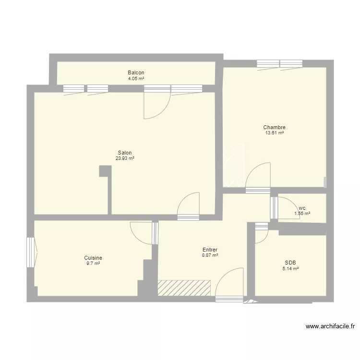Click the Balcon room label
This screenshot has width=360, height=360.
click(136, 72)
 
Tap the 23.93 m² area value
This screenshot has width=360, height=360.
click(125, 158)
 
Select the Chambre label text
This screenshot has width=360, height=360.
click(275, 127)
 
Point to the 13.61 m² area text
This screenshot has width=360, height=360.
click(275, 133)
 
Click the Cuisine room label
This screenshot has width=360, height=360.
click(93, 258)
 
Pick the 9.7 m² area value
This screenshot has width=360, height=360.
click(93, 264)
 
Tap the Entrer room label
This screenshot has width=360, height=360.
click(210, 250)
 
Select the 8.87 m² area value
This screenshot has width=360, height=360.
click(210, 255)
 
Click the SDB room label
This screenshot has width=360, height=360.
click(290, 263)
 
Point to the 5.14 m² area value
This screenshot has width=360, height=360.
click(290, 269)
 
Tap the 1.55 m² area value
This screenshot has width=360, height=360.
click(302, 214)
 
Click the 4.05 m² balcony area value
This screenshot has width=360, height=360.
click(136, 78)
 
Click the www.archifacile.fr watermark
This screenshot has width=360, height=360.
click(330, 326)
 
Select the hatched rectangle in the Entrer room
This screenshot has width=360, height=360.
click(184, 288)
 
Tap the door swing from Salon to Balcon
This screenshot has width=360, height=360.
click(156, 106)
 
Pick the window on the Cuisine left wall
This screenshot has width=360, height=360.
click(31, 252)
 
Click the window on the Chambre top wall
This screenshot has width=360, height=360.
click(279, 63)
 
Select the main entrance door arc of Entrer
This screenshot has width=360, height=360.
click(229, 283)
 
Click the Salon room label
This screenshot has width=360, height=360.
click(125, 153)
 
